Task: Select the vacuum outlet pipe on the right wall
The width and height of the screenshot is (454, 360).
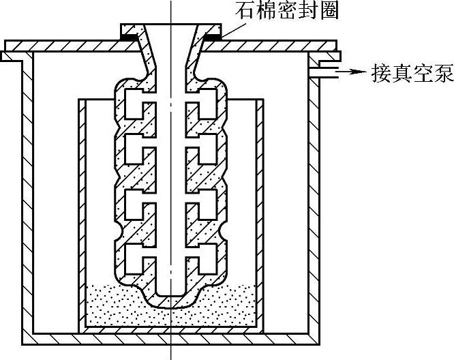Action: tap(327, 70)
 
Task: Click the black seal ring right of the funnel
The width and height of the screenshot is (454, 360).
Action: tap(213, 31)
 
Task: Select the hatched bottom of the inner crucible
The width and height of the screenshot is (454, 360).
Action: tap(170, 329)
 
